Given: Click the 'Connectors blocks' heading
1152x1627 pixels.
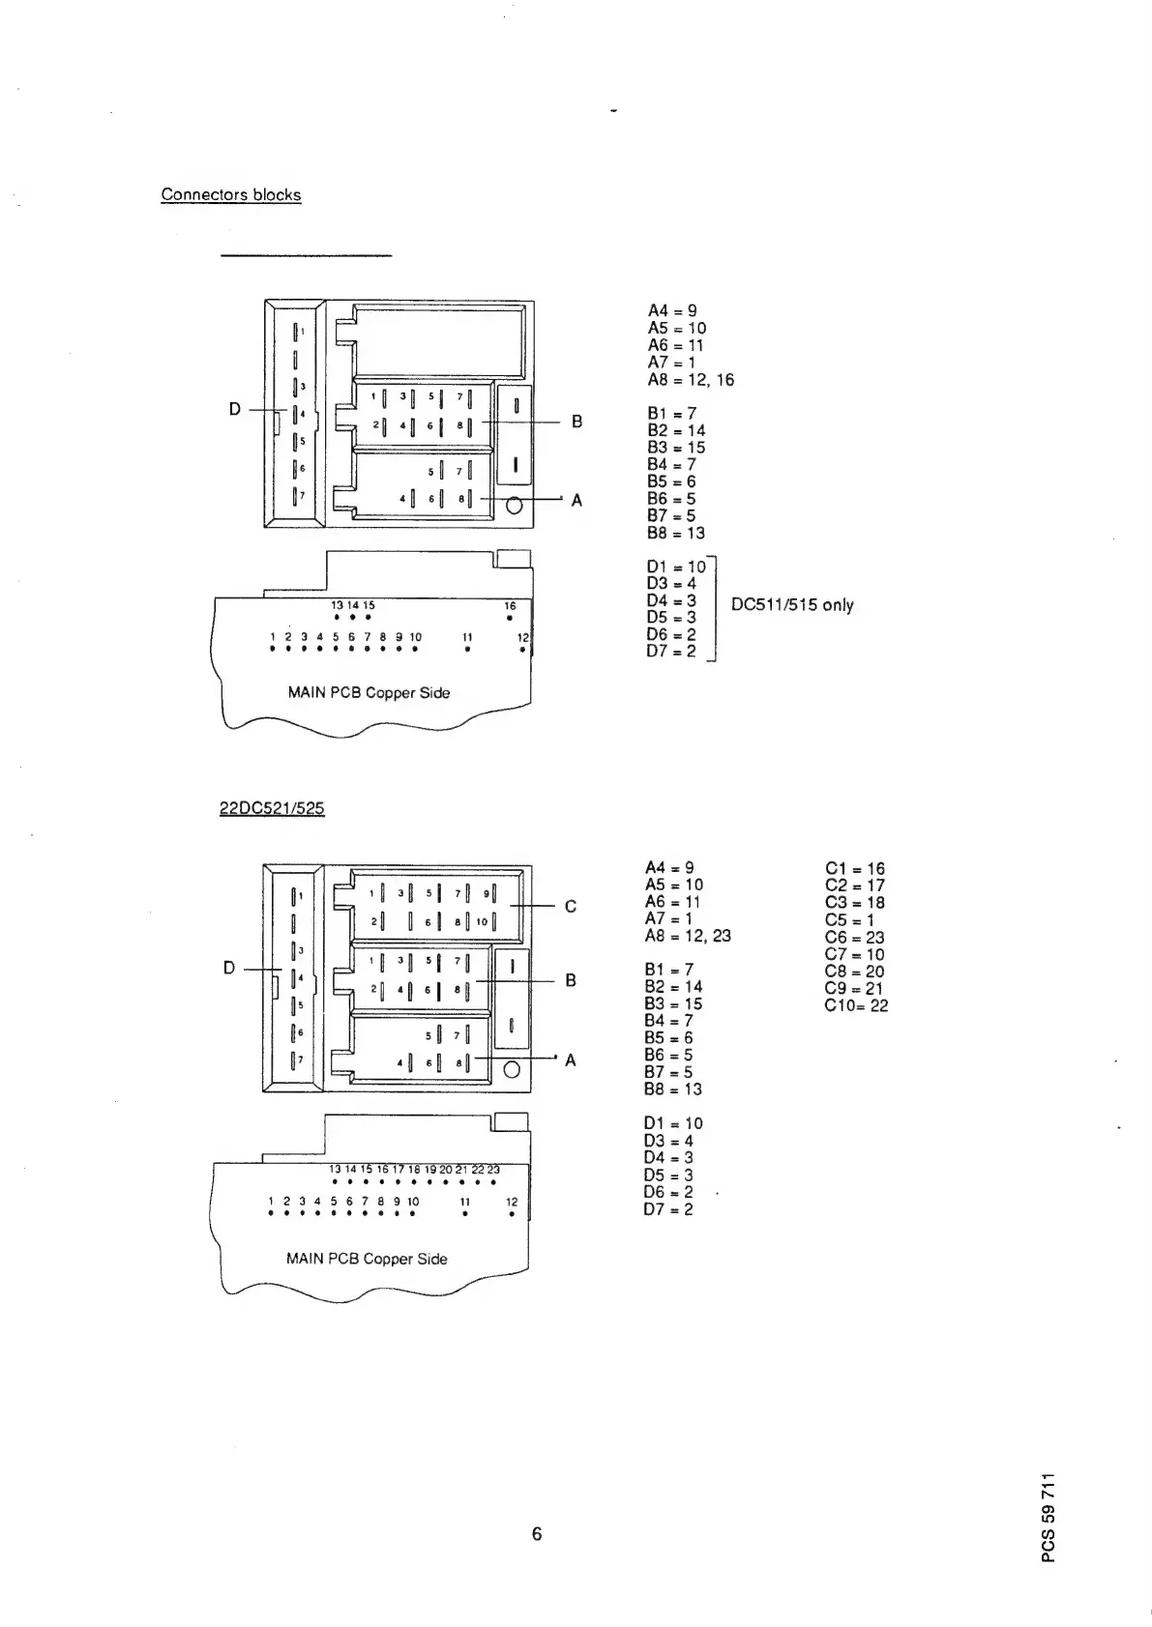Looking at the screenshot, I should click(230, 194).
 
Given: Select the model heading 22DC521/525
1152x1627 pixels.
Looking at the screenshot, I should click(272, 807).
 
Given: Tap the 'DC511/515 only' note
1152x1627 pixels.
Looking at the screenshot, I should click(792, 605).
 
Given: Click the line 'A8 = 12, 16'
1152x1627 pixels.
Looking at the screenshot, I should click(691, 380).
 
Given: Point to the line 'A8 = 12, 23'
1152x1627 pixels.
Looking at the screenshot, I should click(688, 936).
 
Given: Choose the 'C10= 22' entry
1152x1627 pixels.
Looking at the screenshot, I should click(856, 1005).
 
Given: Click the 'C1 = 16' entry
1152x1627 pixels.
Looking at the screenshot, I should click(855, 869).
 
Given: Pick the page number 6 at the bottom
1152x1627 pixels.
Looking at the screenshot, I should click(537, 1533).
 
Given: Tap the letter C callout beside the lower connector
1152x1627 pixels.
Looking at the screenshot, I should click(571, 906).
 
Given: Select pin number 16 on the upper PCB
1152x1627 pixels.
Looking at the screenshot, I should click(510, 606).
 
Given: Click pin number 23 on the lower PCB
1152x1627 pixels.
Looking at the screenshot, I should click(493, 1170).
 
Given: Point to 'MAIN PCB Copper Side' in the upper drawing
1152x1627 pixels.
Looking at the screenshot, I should click(369, 692).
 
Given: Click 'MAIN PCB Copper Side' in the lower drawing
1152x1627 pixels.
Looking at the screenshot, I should click(367, 1259).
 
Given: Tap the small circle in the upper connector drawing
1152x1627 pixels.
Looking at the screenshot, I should click(515, 505).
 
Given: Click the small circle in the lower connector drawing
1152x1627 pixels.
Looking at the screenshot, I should click(513, 1068).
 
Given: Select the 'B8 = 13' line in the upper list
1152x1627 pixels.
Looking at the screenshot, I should click(675, 533).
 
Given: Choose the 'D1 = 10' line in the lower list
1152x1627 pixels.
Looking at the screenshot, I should click(673, 1123).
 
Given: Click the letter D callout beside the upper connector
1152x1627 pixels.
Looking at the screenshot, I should click(235, 410).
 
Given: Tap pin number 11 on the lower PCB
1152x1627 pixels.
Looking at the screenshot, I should click(464, 1203).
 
